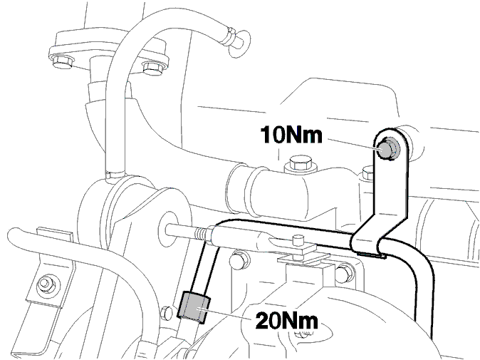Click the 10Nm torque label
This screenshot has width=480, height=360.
(x=291, y=135)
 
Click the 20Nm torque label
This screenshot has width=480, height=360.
(x=286, y=321)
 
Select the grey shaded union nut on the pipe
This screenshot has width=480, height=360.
(x=194, y=308)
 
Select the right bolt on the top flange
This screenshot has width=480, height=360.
(x=152, y=68)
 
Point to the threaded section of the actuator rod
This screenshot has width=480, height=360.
(x=201, y=235)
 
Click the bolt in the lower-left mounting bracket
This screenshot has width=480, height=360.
(x=46, y=284)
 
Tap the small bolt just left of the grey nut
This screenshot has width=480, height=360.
(x=167, y=313)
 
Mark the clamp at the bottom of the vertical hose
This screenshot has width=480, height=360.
(x=115, y=175)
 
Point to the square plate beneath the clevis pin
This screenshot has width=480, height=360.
(x=303, y=257)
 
